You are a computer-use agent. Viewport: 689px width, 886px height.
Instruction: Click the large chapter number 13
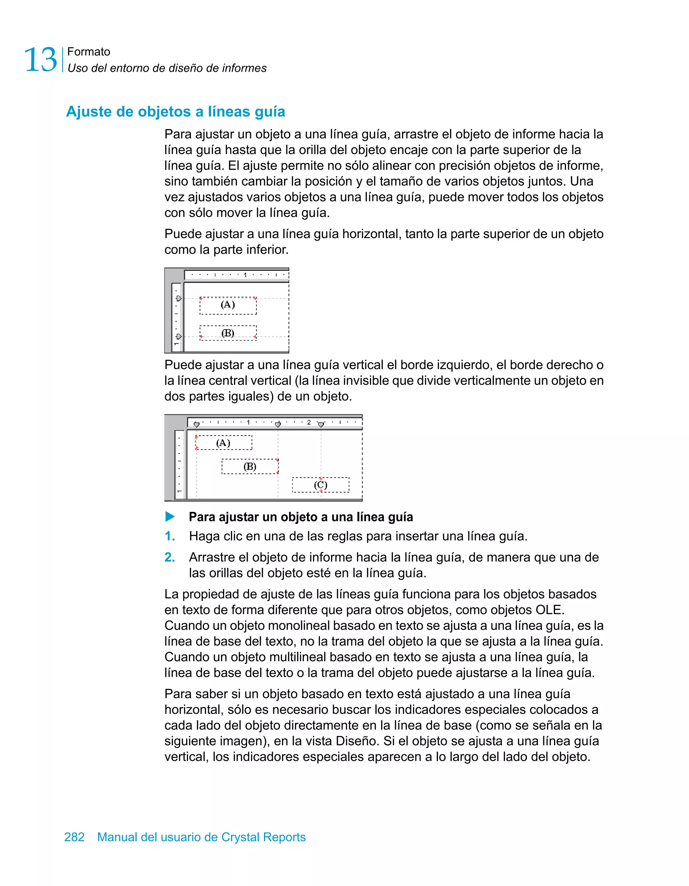click(41, 60)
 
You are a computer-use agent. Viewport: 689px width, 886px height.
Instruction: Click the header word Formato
click(88, 51)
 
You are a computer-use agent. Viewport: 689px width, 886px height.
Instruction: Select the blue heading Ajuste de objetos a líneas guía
click(175, 112)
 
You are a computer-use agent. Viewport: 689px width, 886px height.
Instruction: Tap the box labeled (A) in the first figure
click(228, 305)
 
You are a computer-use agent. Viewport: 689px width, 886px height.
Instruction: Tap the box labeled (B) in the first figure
click(228, 333)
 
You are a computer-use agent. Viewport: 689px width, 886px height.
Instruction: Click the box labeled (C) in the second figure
click(320, 485)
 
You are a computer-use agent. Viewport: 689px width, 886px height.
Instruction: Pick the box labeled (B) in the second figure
click(250, 467)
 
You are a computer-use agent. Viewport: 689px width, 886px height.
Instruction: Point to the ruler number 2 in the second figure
click(309, 422)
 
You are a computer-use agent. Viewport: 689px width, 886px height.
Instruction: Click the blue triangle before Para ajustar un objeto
click(170, 517)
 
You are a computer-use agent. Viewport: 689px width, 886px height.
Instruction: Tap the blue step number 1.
click(170, 536)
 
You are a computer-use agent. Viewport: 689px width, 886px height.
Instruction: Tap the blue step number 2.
click(170, 557)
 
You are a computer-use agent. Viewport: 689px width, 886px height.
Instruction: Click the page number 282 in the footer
click(74, 837)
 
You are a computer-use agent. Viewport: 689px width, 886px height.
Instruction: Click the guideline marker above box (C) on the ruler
click(321, 425)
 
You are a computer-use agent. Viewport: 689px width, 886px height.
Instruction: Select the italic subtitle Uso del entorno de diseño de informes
click(167, 68)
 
